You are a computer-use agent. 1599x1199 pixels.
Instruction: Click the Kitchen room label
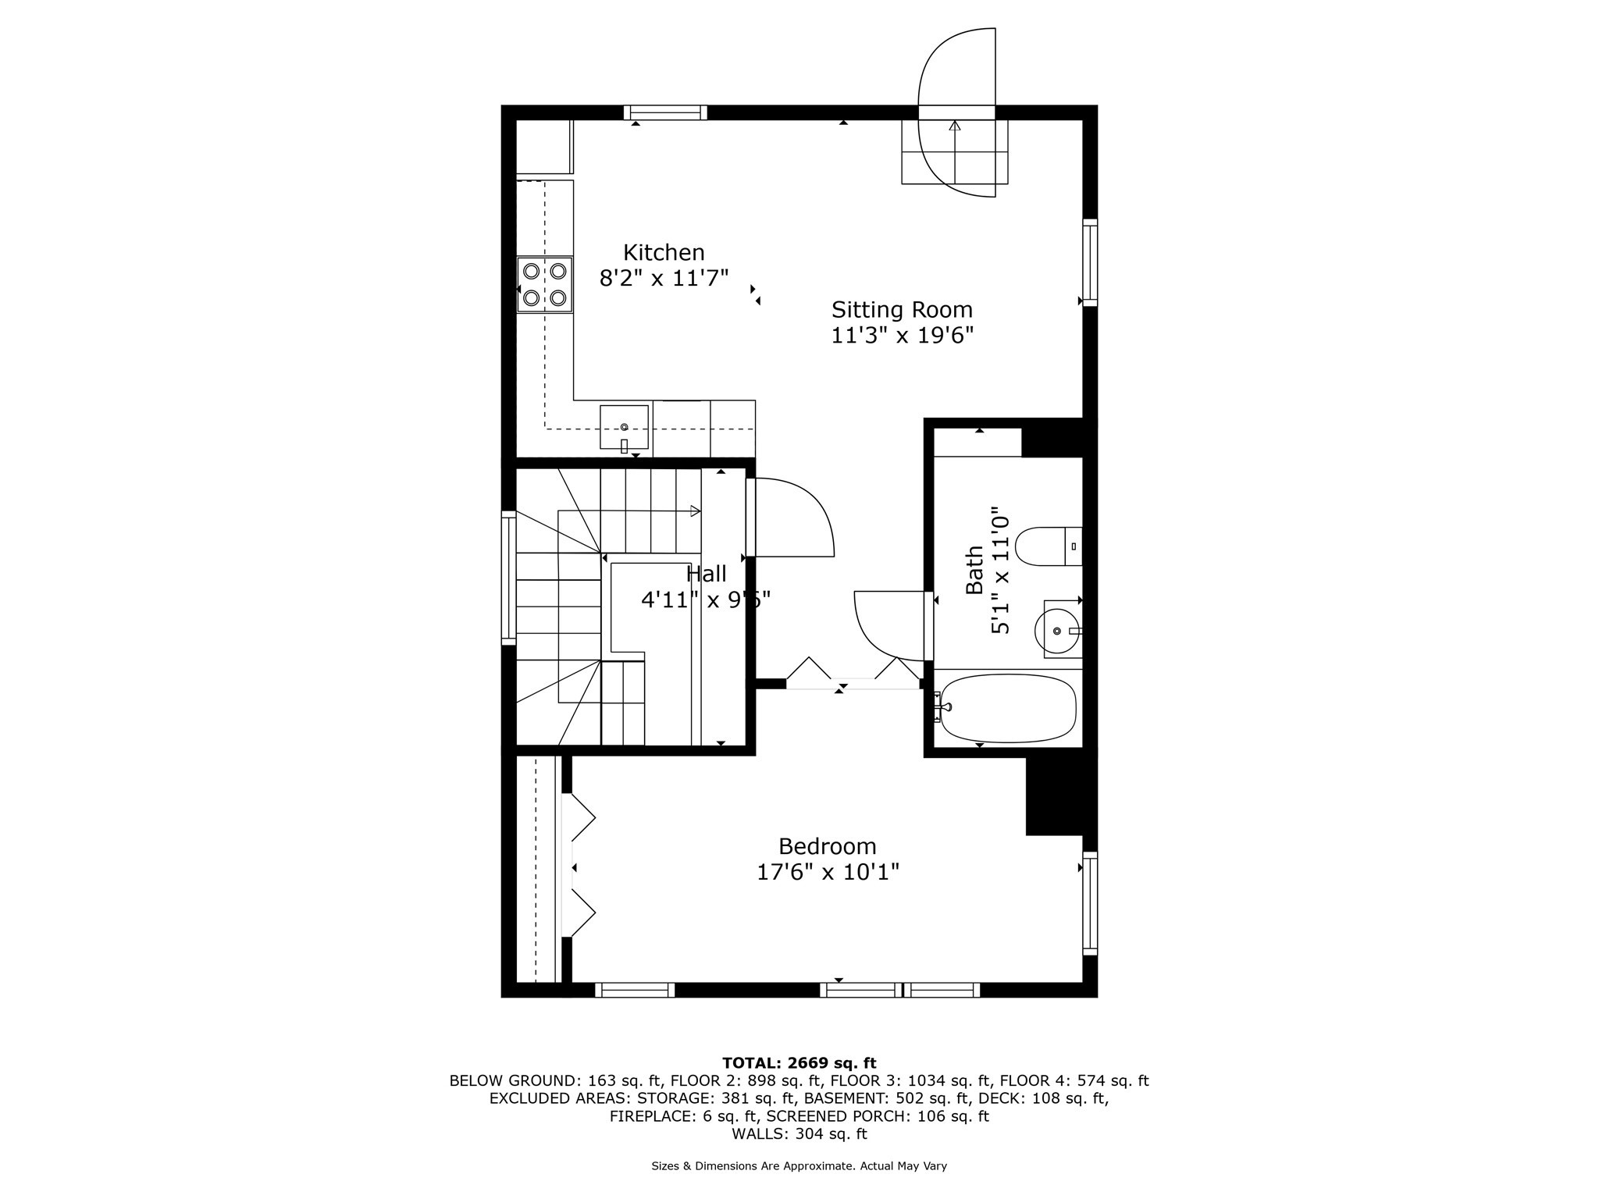point(664,253)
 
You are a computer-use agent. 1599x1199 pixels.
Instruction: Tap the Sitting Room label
point(902,310)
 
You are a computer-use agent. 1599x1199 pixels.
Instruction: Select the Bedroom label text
point(828,846)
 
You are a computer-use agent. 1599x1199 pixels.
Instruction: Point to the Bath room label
point(974,570)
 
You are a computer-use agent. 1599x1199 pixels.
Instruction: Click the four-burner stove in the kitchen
point(545,284)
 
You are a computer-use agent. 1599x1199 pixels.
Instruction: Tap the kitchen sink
point(624,427)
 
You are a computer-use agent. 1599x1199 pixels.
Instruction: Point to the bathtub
point(1008,709)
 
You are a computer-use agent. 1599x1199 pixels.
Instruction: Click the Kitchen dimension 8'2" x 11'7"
point(664,278)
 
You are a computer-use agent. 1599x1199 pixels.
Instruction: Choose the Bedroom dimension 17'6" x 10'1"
point(828,871)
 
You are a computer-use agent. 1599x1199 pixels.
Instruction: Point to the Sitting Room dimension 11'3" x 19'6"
point(902,335)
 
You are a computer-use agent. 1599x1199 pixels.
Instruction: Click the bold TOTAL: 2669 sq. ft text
point(799,1062)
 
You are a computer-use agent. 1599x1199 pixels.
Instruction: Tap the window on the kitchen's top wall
point(665,112)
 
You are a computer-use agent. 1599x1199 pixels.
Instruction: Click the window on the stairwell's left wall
point(508,578)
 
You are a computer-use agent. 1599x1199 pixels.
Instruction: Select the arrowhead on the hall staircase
point(696,511)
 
